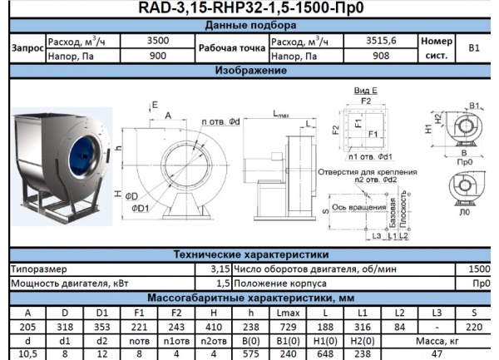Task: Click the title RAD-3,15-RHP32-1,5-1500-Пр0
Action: [x=249, y=8]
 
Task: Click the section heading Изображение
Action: [x=249, y=71]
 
